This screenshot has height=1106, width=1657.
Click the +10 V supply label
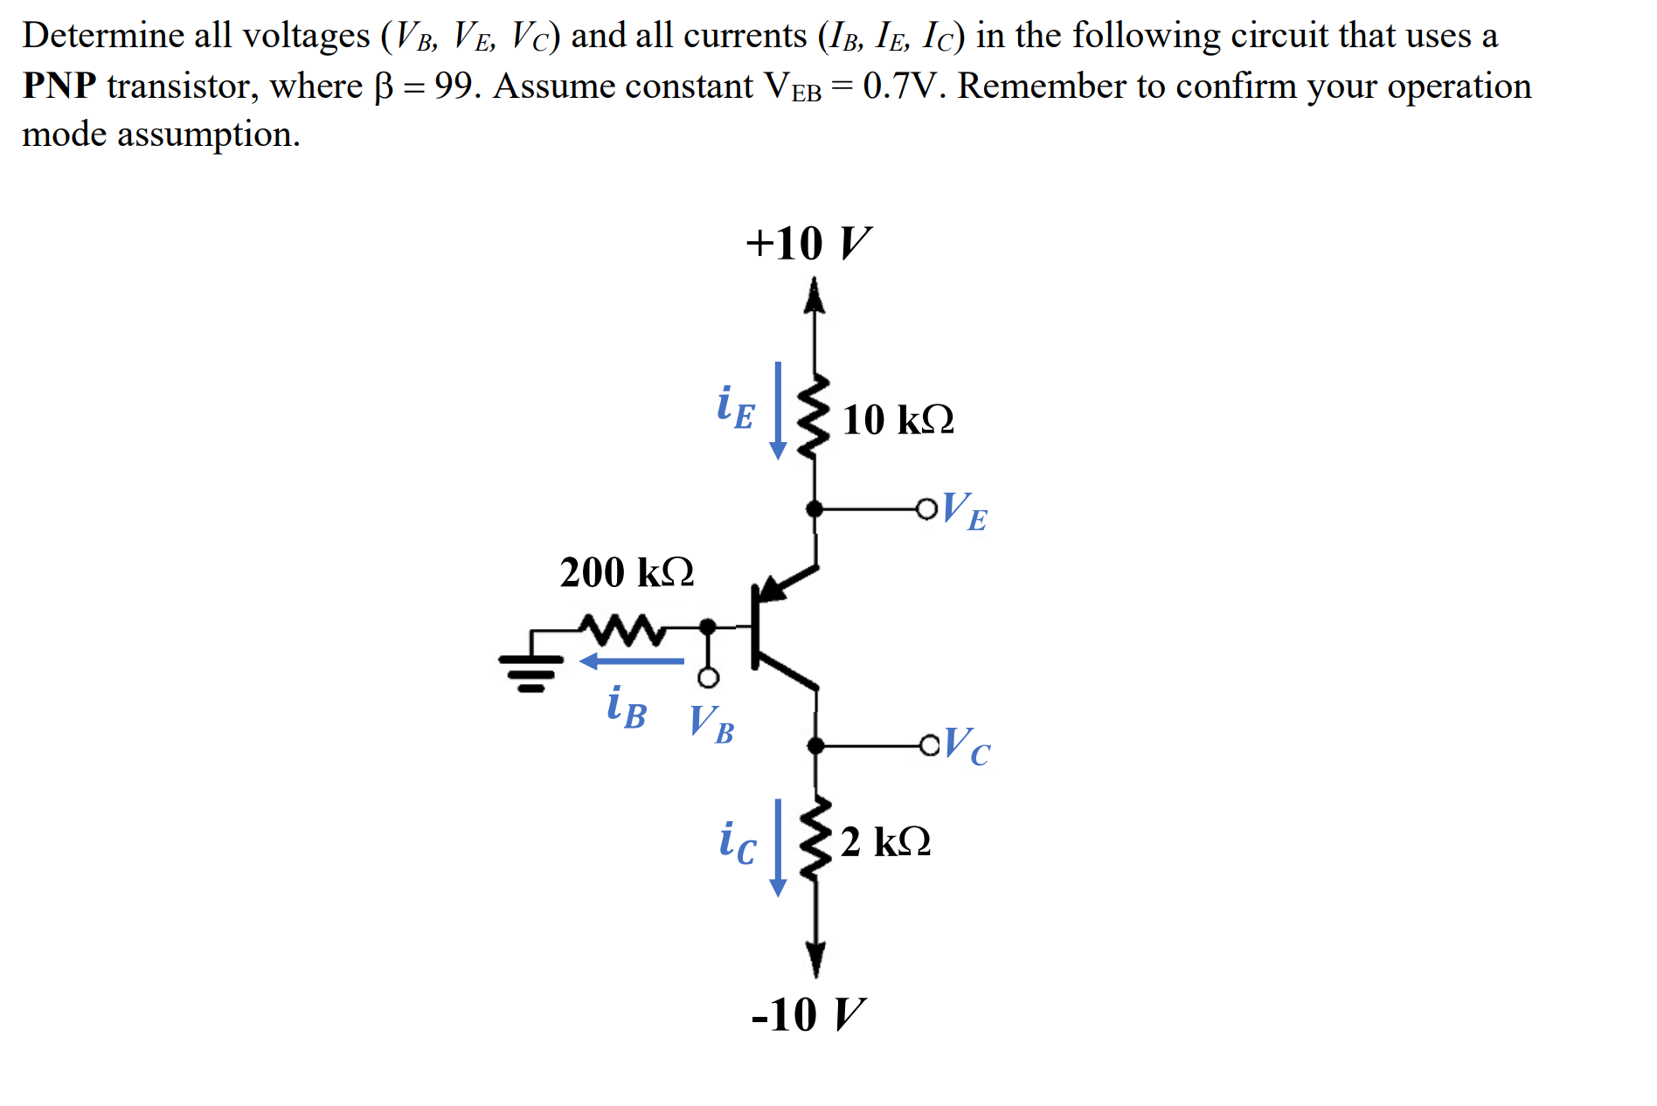[x=808, y=243]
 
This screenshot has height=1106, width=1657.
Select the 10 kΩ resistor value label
[x=898, y=419]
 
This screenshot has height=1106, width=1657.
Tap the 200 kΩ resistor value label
[x=627, y=572]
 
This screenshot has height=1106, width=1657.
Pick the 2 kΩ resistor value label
[x=885, y=841]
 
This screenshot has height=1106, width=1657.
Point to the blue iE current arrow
[x=777, y=410]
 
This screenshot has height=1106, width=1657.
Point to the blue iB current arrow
[x=632, y=661]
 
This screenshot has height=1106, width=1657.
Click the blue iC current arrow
[x=777, y=847]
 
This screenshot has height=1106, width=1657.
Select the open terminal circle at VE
[x=926, y=508]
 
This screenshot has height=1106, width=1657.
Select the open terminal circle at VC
[x=929, y=745]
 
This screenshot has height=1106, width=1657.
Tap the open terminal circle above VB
[x=708, y=678]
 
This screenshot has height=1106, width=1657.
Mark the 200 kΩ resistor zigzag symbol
[x=622, y=628]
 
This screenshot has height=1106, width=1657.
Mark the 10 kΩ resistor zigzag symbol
[x=815, y=417]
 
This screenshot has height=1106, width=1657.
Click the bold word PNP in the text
[x=59, y=86]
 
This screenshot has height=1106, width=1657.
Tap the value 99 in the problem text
[x=453, y=86]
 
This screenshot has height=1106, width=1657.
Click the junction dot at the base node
[x=708, y=626]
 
